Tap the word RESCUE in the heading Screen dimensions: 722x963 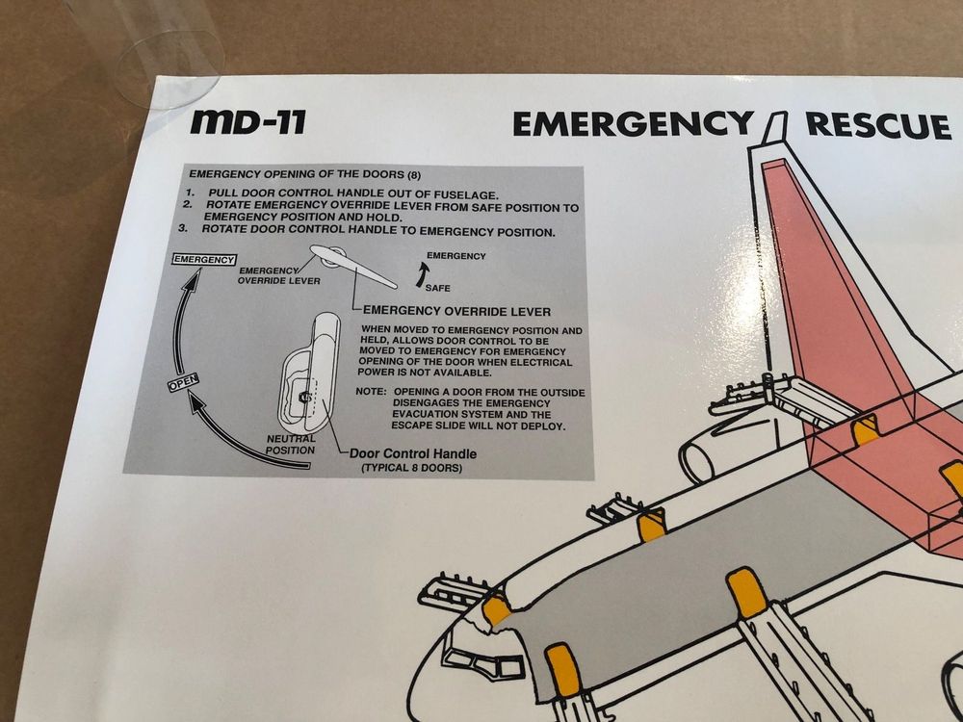point(876,126)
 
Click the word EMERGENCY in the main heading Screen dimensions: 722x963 point(631,124)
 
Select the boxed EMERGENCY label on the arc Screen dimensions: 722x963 point(202,260)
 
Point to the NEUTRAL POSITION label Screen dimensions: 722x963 point(291,445)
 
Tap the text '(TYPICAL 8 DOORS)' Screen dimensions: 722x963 point(412,468)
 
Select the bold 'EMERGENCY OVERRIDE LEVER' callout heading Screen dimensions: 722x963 point(456,311)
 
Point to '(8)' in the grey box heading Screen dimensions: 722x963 point(415,175)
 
